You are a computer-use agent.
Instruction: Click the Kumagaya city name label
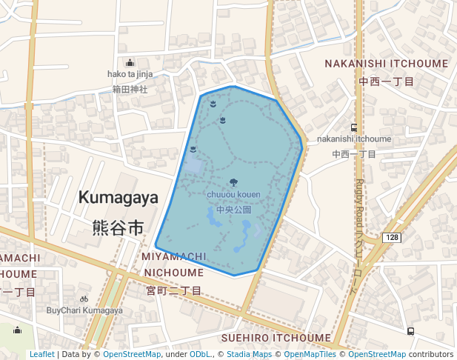point(119,198)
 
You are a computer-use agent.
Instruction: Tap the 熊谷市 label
point(119,227)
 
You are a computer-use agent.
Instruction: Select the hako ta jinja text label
point(130,74)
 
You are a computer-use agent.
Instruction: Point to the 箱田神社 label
point(130,89)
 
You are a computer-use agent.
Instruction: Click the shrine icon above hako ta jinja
point(130,62)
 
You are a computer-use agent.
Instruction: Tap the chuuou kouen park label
point(233,195)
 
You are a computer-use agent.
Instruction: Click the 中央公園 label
point(233,210)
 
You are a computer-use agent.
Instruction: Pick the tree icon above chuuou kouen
point(234,182)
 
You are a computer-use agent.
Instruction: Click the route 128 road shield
point(392,237)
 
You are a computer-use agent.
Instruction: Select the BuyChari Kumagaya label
point(84,310)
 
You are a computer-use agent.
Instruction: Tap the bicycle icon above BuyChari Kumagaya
point(84,299)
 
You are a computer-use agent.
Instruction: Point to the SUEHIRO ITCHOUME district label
point(276,338)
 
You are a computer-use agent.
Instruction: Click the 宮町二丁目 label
point(173,290)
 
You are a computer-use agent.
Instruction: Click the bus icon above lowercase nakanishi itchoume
point(354,127)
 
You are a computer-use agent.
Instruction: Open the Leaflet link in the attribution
point(41,354)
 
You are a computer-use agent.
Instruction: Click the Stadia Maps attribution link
point(249,354)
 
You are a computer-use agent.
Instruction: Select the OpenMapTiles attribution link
point(308,354)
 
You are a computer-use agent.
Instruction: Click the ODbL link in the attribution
point(200,354)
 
